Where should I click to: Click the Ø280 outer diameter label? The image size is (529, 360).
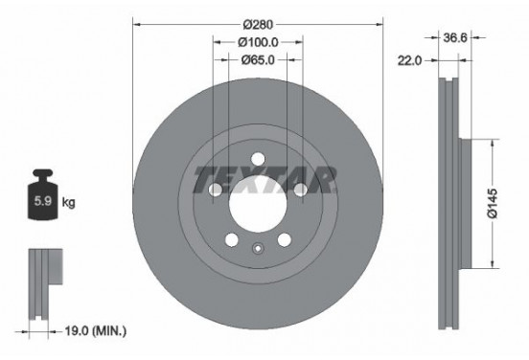point(256,23)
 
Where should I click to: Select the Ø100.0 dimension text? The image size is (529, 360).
point(256,41)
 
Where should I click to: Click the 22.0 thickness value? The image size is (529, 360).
point(411,59)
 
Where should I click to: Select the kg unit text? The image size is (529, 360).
point(69,204)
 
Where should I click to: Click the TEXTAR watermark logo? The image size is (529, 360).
point(264,179)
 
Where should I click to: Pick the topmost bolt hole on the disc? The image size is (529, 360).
point(257,161)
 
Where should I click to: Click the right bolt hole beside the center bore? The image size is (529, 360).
point(300,191)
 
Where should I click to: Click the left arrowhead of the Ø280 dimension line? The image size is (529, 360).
point(135,23)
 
